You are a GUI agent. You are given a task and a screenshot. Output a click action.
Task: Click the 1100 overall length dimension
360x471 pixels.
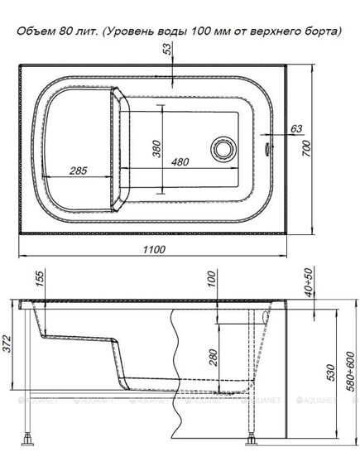click(154, 249)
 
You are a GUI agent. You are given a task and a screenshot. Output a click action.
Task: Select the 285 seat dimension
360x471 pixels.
click(79, 171)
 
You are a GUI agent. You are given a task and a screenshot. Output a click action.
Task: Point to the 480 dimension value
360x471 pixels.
click(180, 162)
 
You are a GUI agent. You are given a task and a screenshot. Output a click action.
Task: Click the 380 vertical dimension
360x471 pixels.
click(156, 149)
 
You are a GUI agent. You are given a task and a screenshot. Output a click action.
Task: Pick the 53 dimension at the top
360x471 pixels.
click(169, 49)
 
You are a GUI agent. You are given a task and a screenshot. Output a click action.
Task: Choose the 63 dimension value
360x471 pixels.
click(296, 129)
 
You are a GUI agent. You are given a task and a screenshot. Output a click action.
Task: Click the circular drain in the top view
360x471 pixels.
click(223, 149)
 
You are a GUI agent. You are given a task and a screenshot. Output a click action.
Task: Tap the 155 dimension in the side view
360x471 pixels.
click(40, 278)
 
